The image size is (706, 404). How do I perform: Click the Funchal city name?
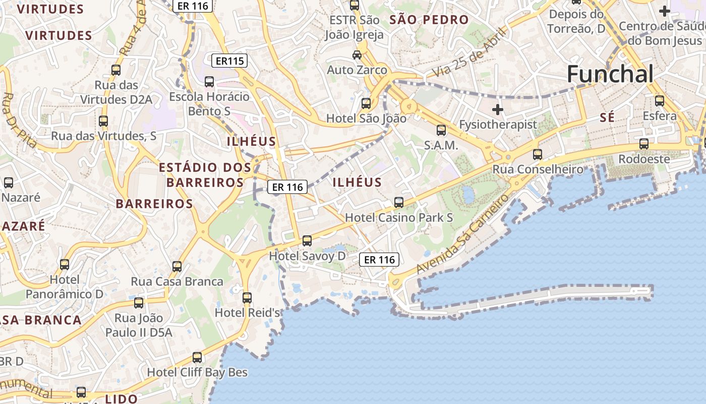click(x=610, y=74)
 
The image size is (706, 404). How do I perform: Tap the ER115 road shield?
click(x=229, y=61)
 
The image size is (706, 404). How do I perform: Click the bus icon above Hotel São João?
click(x=366, y=104)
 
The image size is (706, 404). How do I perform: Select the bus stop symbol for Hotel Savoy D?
click(x=307, y=241)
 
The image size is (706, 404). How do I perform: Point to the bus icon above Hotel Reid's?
click(x=247, y=298)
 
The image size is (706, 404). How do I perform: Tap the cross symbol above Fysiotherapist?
click(x=498, y=109)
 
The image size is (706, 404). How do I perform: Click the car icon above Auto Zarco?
click(x=357, y=55)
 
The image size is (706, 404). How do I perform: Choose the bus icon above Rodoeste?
click(x=644, y=144)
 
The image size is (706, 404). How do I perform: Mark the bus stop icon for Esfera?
click(x=660, y=101)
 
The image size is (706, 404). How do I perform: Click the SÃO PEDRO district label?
click(x=430, y=20)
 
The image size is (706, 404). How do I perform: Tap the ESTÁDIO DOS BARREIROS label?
click(x=205, y=175)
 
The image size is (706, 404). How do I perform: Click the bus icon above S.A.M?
click(x=441, y=130)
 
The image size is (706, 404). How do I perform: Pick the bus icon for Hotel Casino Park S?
click(x=399, y=203)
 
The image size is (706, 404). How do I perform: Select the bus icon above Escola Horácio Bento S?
click(x=209, y=81)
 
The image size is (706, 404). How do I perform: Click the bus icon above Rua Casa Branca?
click(x=177, y=267)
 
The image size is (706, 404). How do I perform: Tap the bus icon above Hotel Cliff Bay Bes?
click(x=197, y=358)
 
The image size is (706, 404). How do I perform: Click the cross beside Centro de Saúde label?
click(x=665, y=11)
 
